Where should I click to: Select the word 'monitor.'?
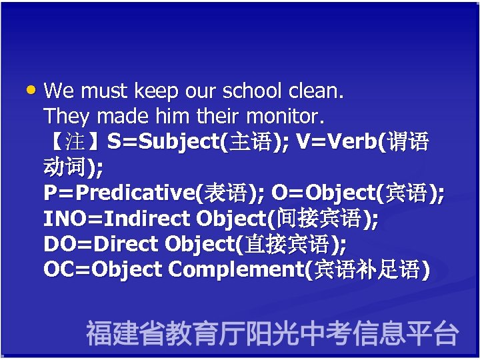tap(285, 117)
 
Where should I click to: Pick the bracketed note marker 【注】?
tap(75, 142)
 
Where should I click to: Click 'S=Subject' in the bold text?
tap(164, 142)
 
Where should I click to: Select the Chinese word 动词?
tap(66, 167)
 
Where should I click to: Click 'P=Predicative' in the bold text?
tap(119, 193)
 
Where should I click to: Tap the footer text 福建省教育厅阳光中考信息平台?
tap(272, 333)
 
